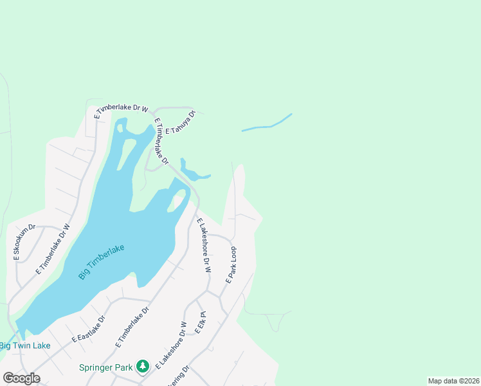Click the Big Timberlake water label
[x=101, y=262]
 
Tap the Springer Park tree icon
[x=143, y=367]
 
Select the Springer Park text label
[x=105, y=367]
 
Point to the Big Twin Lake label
[x=25, y=345]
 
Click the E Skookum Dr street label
[x=24, y=243]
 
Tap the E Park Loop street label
[x=231, y=265]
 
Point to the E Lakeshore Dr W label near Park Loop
[x=204, y=245]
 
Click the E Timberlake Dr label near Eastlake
[x=132, y=327]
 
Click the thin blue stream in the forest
[x=268, y=124]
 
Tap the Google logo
[x=21, y=378]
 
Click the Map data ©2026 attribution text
[x=453, y=381]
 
